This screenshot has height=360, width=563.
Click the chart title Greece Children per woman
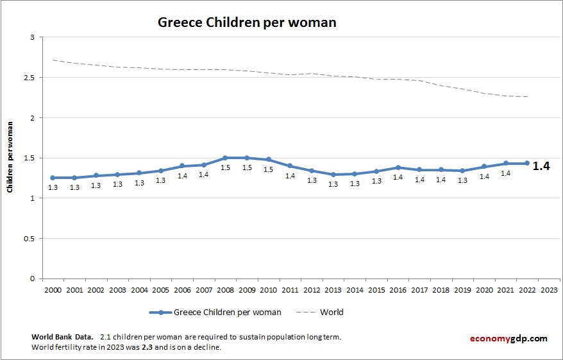[247, 22]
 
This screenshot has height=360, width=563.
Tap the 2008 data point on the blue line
[225, 158]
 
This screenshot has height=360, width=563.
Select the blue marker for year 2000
[53, 178]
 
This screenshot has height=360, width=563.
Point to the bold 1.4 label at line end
[541, 166]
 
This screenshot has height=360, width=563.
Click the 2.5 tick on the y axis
[29, 78]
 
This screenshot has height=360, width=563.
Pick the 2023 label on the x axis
[549, 289]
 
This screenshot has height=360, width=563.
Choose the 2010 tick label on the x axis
[268, 289]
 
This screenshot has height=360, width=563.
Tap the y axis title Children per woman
[10, 158]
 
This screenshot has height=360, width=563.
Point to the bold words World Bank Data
[62, 336]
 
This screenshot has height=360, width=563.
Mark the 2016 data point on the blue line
[398, 167]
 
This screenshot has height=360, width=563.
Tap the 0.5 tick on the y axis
[29, 239]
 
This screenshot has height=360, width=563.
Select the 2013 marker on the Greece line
[333, 175]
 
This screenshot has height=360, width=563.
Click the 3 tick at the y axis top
[31, 37]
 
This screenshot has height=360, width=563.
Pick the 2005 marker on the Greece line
[160, 171]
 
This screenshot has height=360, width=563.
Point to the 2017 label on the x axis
[419, 289]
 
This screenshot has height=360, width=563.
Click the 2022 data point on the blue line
[527, 163]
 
